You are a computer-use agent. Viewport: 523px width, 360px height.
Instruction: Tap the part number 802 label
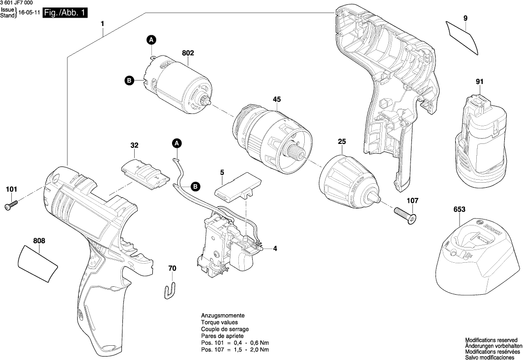tap(188, 53)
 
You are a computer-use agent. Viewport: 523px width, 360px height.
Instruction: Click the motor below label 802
tap(181, 86)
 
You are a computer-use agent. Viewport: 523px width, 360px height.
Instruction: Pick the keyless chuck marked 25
tap(350, 181)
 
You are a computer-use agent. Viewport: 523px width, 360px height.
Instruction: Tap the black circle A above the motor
tap(152, 39)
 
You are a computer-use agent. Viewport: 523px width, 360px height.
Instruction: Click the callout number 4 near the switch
tap(275, 249)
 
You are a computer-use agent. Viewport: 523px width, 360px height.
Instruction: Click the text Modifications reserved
tap(491, 340)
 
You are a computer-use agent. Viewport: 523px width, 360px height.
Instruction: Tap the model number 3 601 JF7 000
tap(20, 3)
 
